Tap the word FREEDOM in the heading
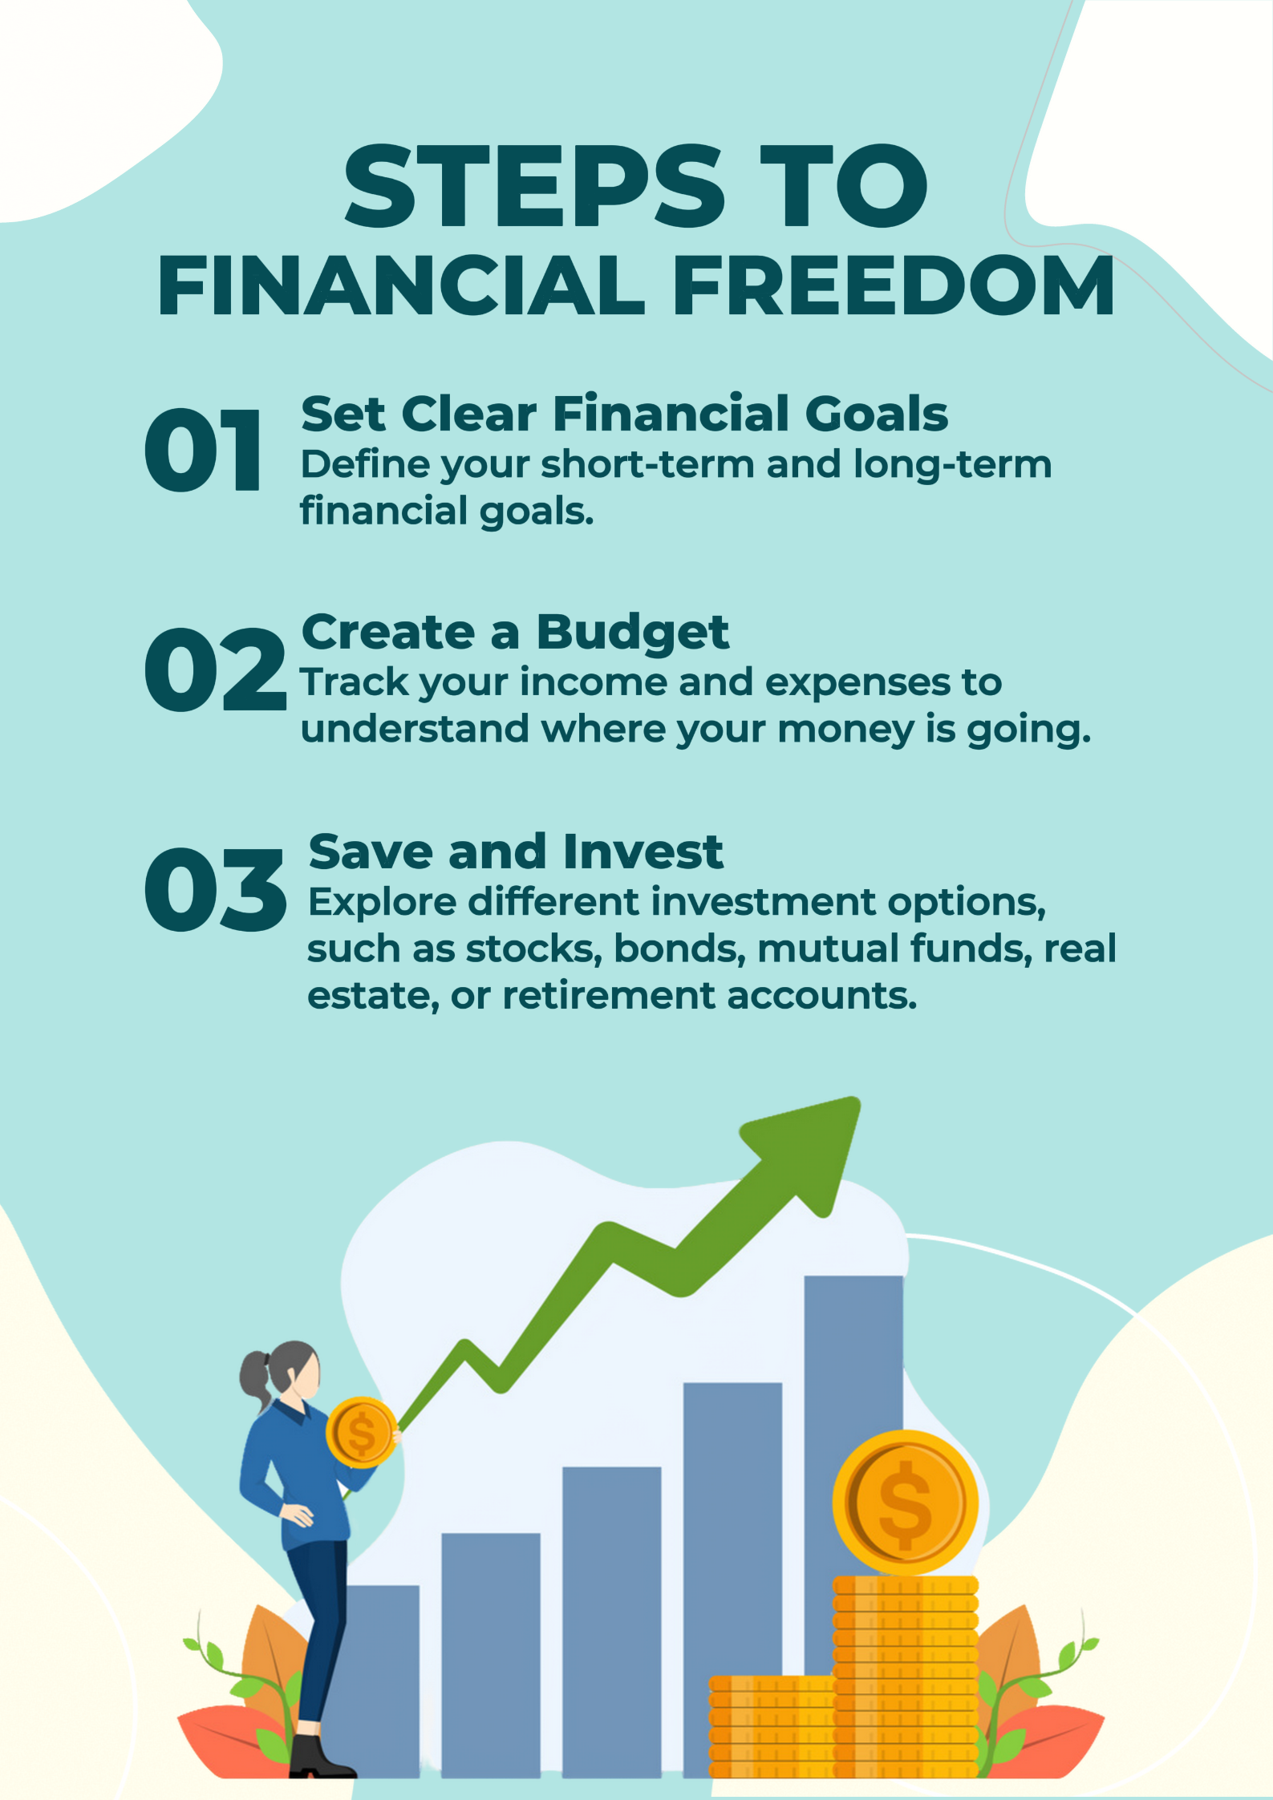[894, 285]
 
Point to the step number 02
[215, 669]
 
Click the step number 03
[215, 889]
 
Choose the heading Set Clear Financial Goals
[624, 414]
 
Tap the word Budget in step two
[633, 634]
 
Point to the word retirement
[608, 995]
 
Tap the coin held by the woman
[362, 1432]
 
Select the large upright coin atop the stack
[906, 1503]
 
